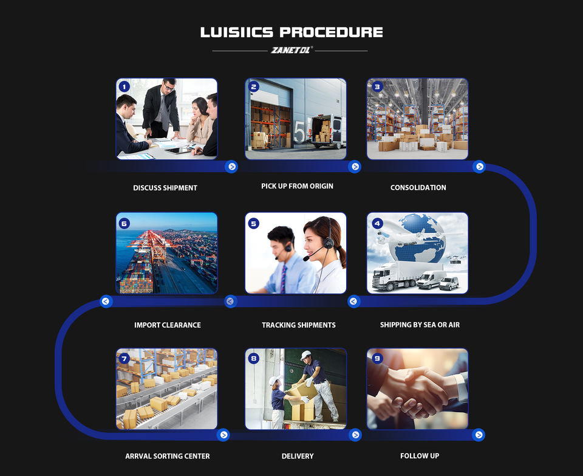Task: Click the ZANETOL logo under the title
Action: pos(290,50)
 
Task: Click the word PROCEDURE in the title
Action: pos(332,32)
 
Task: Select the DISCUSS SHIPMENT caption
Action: pos(165,188)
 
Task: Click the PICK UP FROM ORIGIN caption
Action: pos(297,186)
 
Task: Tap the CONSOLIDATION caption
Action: pos(418,188)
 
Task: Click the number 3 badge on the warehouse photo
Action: pos(377,87)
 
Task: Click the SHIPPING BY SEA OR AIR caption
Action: pos(420,325)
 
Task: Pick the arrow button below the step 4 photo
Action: pos(353,301)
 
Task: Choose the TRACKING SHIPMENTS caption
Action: pos(298,325)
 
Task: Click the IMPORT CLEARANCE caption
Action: pos(168,325)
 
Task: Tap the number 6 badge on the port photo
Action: pos(124,223)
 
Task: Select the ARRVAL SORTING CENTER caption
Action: pos(167,456)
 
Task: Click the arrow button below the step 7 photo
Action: pos(223,435)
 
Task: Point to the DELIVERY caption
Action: pos(298,456)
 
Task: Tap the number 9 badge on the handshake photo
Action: pos(377,359)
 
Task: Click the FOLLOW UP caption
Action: pos(419,456)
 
